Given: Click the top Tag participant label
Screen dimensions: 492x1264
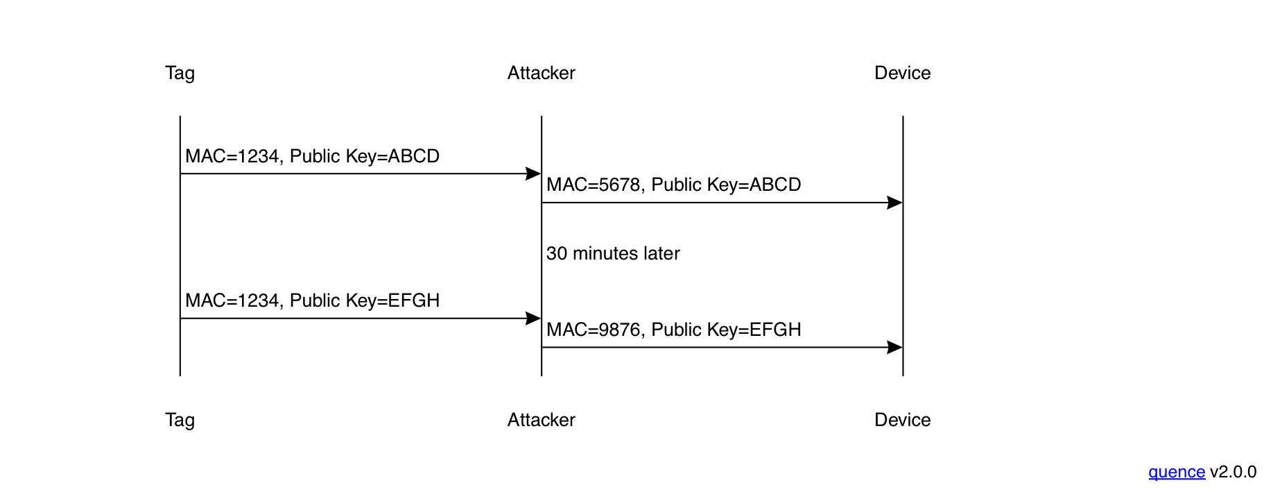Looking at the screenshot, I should pyautogui.click(x=180, y=73).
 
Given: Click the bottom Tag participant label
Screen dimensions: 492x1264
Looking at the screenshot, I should pyautogui.click(x=180, y=420).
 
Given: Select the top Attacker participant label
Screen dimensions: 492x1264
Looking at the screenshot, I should pyautogui.click(x=541, y=73).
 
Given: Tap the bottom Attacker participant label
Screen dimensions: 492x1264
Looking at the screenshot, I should pyautogui.click(x=541, y=420).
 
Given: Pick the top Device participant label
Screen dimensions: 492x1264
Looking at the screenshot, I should pyautogui.click(x=902, y=73).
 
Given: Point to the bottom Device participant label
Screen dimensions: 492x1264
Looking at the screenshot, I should pyautogui.click(x=902, y=420).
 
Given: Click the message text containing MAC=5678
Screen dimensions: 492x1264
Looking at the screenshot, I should pyautogui.click(x=673, y=185).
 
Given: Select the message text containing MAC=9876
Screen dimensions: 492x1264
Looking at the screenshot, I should pyautogui.click(x=673, y=330).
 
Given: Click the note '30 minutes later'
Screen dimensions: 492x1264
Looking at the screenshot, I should pyautogui.click(x=613, y=253).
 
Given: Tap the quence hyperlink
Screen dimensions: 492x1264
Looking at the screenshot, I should pyautogui.click(x=1176, y=472).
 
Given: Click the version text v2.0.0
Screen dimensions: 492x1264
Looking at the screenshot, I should pyautogui.click(x=1233, y=472).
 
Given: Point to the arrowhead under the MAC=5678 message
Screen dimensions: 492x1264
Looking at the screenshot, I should pyautogui.click(x=895, y=203).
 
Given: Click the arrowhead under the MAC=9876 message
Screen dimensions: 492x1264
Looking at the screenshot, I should pyautogui.click(x=895, y=348).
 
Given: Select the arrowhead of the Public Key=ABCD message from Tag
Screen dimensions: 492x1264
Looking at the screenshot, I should pyautogui.click(x=533, y=173).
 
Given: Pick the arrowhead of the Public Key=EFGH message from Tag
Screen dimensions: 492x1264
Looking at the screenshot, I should pyautogui.click(x=533, y=319).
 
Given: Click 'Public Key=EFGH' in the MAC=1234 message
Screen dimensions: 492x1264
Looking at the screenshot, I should pyautogui.click(x=365, y=300).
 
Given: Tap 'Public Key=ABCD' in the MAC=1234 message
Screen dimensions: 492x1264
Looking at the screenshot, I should pyautogui.click(x=365, y=156).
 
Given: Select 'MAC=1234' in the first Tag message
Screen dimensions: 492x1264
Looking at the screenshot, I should pyautogui.click(x=232, y=156).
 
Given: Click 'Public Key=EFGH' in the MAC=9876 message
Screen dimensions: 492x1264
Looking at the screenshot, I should pyautogui.click(x=726, y=330).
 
